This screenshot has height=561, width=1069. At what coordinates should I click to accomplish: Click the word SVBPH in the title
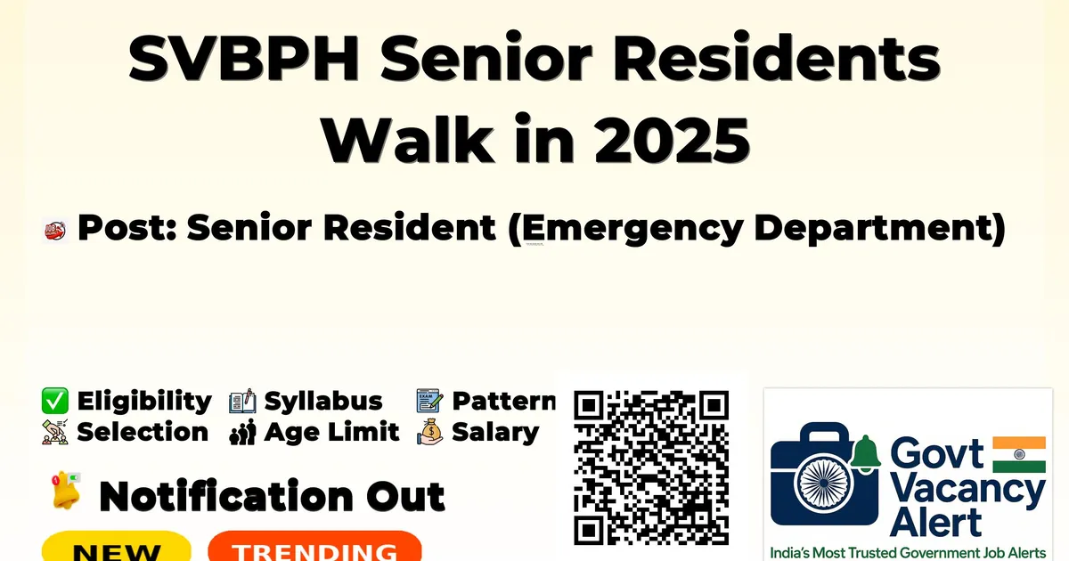click(243, 58)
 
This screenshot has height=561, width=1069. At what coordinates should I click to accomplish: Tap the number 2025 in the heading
click(672, 139)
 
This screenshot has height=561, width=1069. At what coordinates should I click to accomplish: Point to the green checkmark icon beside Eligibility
click(55, 401)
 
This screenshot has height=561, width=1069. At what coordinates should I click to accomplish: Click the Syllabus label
click(323, 401)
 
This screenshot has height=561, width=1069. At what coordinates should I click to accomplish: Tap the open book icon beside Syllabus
click(242, 402)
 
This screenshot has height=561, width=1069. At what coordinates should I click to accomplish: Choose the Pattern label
click(504, 401)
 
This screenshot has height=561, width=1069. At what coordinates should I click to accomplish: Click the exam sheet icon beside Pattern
click(429, 401)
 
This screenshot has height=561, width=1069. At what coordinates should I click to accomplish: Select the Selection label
click(143, 432)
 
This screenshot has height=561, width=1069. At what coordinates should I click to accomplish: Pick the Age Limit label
click(331, 432)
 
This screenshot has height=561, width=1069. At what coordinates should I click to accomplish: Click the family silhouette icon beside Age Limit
click(243, 432)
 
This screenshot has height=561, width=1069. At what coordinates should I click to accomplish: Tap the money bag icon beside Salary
click(430, 432)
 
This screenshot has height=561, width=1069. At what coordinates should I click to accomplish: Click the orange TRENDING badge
click(315, 547)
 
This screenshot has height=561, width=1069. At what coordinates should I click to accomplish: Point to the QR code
click(651, 468)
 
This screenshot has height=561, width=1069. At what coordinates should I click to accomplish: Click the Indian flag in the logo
click(1019, 454)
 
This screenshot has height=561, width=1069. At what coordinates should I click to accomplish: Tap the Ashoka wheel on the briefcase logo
click(823, 483)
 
